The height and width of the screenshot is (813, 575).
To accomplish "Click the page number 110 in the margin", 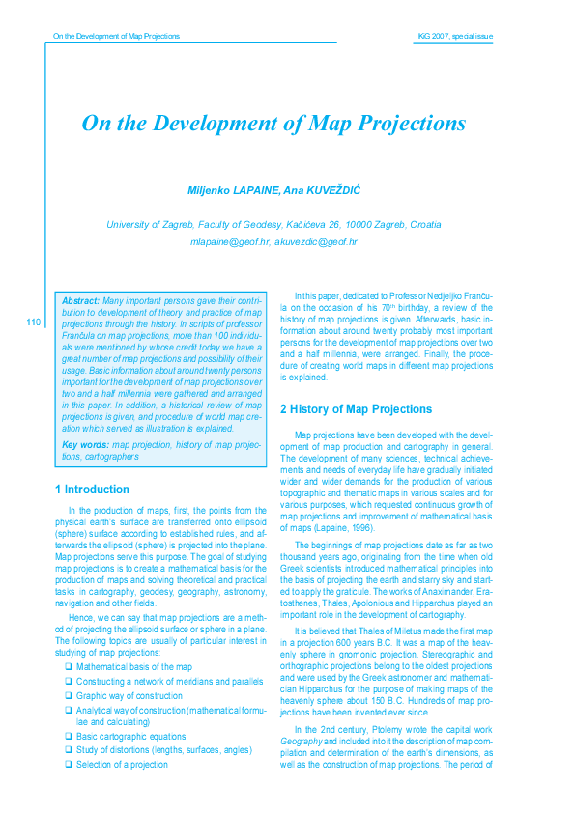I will pos(33,322).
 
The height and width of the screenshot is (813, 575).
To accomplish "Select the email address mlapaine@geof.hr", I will pos(230,241).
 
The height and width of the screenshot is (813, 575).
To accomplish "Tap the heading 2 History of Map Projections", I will pos(356,409).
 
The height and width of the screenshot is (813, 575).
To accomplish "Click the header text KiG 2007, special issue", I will pos(454,36).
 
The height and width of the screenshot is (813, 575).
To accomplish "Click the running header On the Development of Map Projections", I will pos(116,36).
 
